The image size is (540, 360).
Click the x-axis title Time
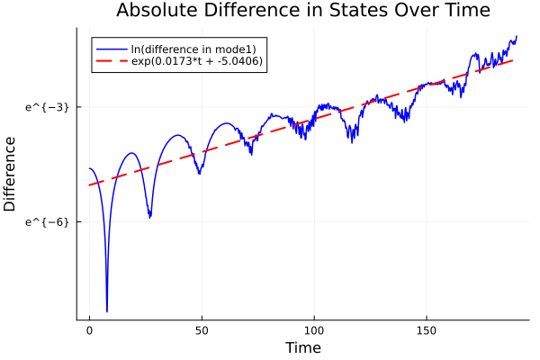point(302,347)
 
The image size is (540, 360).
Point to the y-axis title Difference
point(10,174)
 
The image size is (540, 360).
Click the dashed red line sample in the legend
point(110,61)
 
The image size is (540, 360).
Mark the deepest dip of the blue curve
point(107,311)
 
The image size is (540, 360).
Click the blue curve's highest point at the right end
point(517,36)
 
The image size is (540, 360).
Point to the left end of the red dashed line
point(89,185)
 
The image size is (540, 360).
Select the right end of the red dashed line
point(514,59)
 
